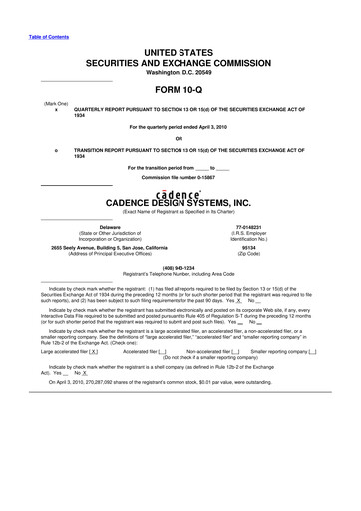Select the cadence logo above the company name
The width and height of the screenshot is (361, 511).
[x=180, y=192]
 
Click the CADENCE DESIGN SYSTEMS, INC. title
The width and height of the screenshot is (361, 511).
[x=180, y=205]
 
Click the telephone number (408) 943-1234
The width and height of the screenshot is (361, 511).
[x=180, y=266]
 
